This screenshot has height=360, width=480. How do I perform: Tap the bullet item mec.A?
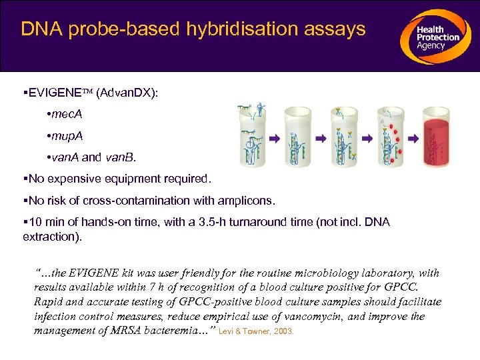(67, 114)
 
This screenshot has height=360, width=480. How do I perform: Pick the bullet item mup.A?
(67, 136)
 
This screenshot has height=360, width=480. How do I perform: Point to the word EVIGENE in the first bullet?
(57, 93)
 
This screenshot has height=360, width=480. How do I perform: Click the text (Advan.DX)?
(127, 93)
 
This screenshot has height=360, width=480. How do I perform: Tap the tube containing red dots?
(391, 137)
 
